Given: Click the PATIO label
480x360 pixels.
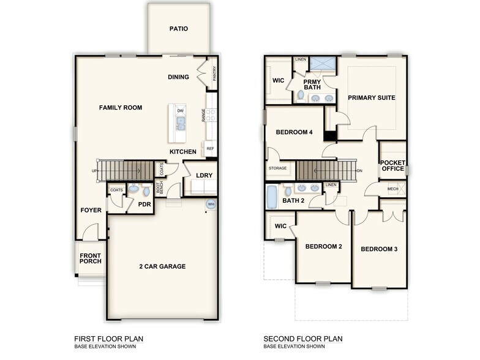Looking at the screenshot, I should coord(179,29).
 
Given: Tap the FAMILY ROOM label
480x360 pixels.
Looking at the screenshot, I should coord(121,108).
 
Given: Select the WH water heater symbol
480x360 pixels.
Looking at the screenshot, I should coord(211,204).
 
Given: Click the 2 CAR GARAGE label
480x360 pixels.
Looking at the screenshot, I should coord(162,266).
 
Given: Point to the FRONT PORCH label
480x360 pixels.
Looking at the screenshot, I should coord(90,258).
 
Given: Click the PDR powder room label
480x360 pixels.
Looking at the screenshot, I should coord(144,204).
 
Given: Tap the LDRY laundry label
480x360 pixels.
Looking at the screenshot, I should coord(204,176).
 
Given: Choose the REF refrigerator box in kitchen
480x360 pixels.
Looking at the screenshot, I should coord(210,149).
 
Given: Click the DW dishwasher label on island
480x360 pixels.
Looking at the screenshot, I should coord(181,111).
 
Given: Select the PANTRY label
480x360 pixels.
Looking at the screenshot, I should coord(214,73).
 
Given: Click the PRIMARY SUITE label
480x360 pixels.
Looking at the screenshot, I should coord(371,98).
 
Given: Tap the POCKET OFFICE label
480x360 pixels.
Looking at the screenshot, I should coord(392,165).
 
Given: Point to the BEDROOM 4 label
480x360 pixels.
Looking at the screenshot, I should coord(294,132).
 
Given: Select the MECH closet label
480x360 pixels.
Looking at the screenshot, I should coord(392,189).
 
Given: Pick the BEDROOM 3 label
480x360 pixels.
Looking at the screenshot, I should coord(379,249).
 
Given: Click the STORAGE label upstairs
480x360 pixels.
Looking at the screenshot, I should coord(277,168).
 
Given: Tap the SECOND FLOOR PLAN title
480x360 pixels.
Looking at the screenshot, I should coord(303,339).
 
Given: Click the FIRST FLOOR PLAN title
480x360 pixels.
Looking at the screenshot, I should coord(109,339).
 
